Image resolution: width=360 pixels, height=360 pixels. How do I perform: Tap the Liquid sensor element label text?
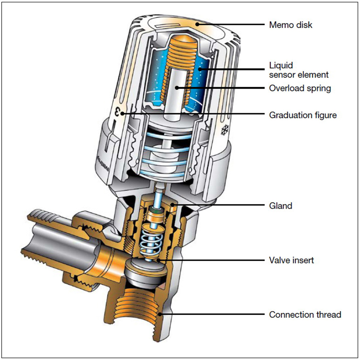point(299,70)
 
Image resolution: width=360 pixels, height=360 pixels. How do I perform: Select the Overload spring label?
point(300,88)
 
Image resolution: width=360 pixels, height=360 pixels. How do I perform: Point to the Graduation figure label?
point(303,115)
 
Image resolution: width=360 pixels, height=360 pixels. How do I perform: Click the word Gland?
point(280,206)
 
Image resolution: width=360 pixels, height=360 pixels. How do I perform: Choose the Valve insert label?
point(291,260)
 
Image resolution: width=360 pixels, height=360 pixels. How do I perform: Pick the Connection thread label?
point(305,315)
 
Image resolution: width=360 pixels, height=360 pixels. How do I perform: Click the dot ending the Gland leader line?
point(173,206)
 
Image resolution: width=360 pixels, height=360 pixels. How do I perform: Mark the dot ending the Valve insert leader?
point(159,260)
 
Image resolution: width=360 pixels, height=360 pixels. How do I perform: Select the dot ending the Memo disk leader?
point(197,24)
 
